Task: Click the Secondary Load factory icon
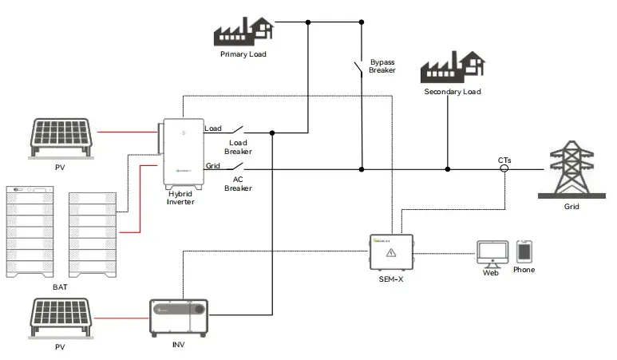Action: tap(452, 67)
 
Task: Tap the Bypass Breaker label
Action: tap(382, 66)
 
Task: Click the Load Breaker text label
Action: tap(238, 147)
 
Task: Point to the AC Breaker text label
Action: tap(238, 184)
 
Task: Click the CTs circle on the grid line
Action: tap(504, 169)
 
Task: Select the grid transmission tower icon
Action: tap(572, 170)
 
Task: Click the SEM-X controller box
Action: tap(390, 254)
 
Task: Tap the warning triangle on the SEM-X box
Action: tap(391, 253)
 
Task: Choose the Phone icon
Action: tap(524, 251)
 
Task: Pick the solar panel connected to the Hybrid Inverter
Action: tap(60, 136)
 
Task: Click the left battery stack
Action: tap(29, 231)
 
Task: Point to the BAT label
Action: tap(60, 287)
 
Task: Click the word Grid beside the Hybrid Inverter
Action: tap(213, 166)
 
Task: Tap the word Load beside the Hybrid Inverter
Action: tap(213, 129)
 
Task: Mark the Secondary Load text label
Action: tap(452, 92)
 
